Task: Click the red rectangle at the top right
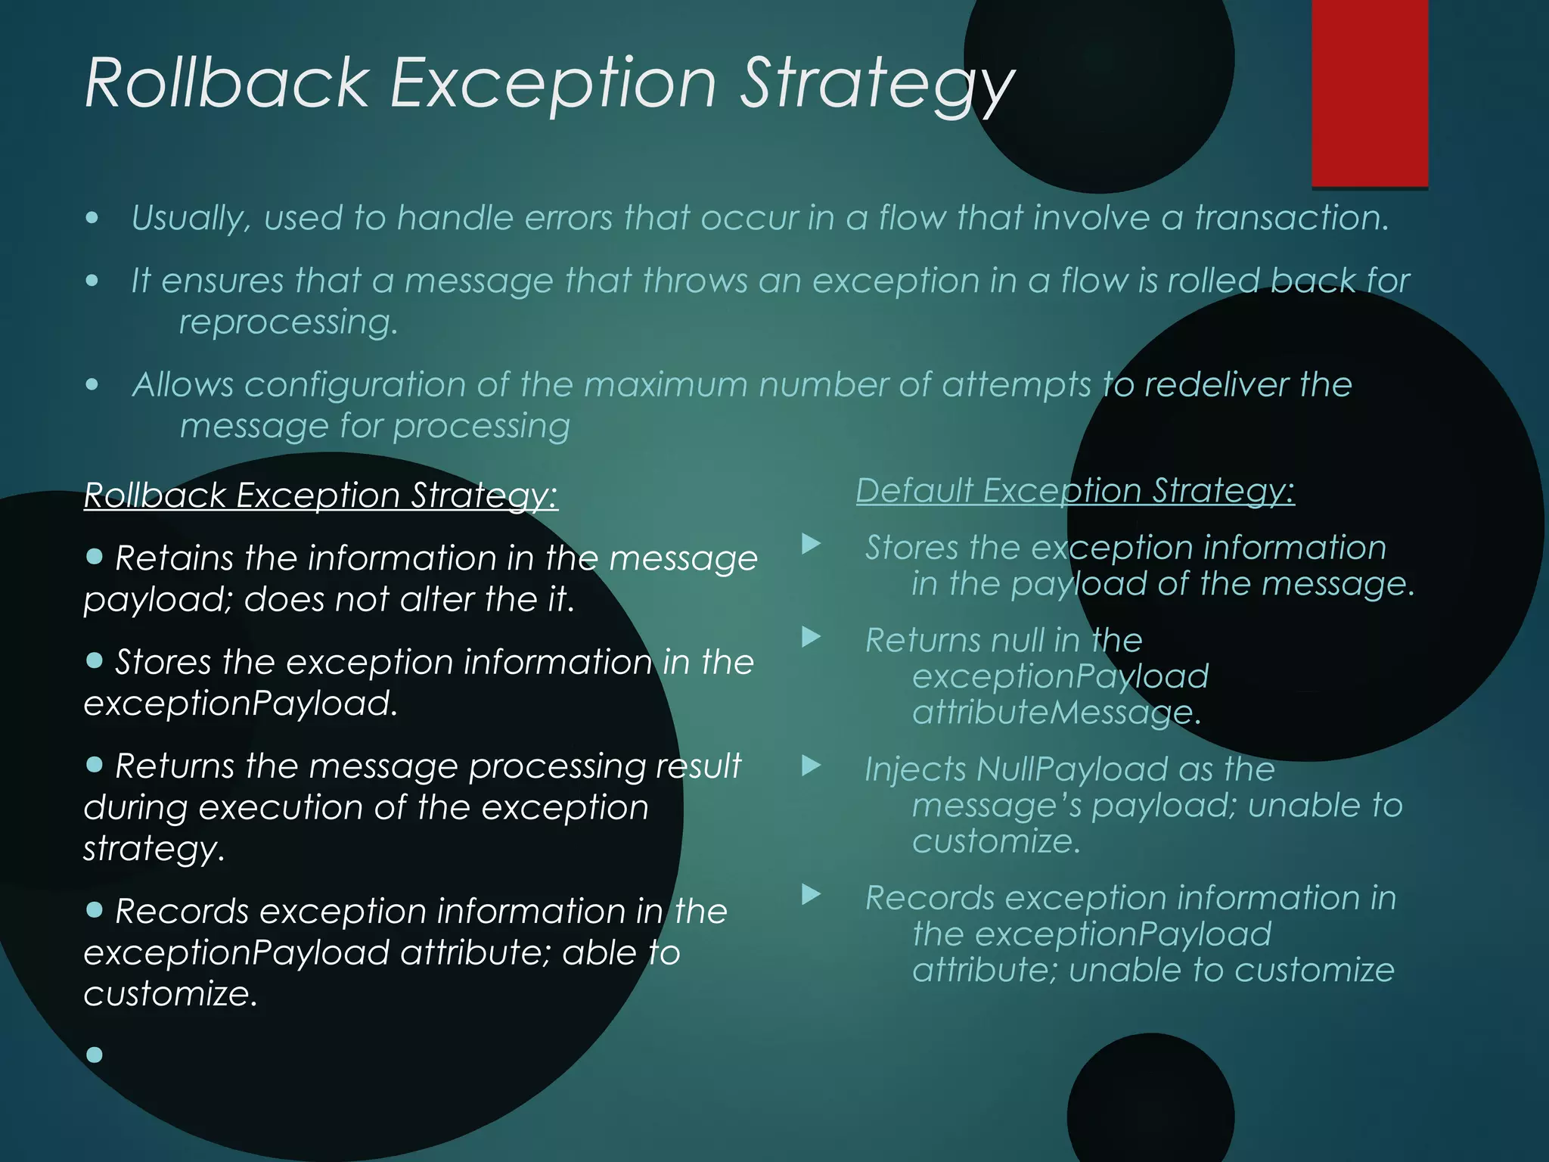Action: pyautogui.click(x=1369, y=92)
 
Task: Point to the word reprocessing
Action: pyautogui.click(x=288, y=322)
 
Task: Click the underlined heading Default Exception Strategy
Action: pyautogui.click(x=1075, y=491)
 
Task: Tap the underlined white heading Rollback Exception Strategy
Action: pyautogui.click(x=321, y=496)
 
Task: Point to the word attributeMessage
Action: pyautogui.click(x=1056, y=712)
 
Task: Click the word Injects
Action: pyautogui.click(x=915, y=769)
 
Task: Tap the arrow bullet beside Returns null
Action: pyautogui.click(x=811, y=637)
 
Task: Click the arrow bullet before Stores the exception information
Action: pyautogui.click(x=811, y=543)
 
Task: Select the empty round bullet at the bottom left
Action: pyautogui.click(x=95, y=1055)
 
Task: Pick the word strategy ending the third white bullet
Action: pyautogui.click(x=154, y=849)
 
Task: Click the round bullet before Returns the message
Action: pyautogui.click(x=95, y=765)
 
